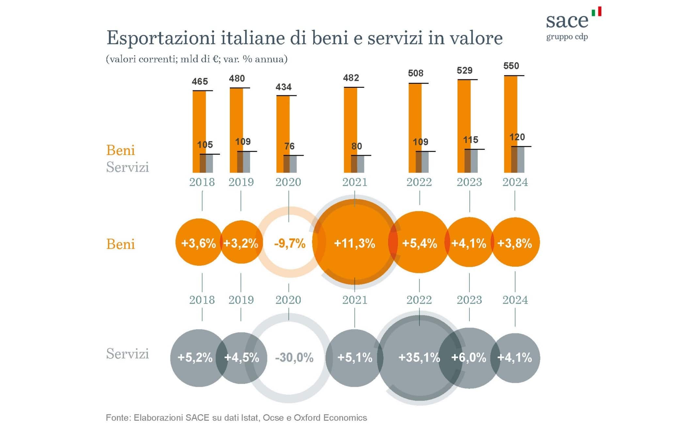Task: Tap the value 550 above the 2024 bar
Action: click(511, 66)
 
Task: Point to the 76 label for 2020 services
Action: click(289, 146)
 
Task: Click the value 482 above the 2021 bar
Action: click(351, 78)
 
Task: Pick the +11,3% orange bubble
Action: click(355, 243)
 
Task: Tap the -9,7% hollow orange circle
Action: click(290, 243)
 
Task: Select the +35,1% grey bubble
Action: click(419, 357)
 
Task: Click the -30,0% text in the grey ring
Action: click(294, 357)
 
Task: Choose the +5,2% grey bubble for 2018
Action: click(195, 357)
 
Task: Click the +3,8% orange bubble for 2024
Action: click(514, 243)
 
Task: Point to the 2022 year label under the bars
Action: click(419, 182)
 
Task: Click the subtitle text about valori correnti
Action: click(197, 59)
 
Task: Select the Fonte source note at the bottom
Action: click(236, 417)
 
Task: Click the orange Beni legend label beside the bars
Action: click(120, 150)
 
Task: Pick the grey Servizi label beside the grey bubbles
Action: click(127, 354)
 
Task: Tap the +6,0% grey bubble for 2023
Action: click(469, 357)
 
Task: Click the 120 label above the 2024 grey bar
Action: click(517, 137)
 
